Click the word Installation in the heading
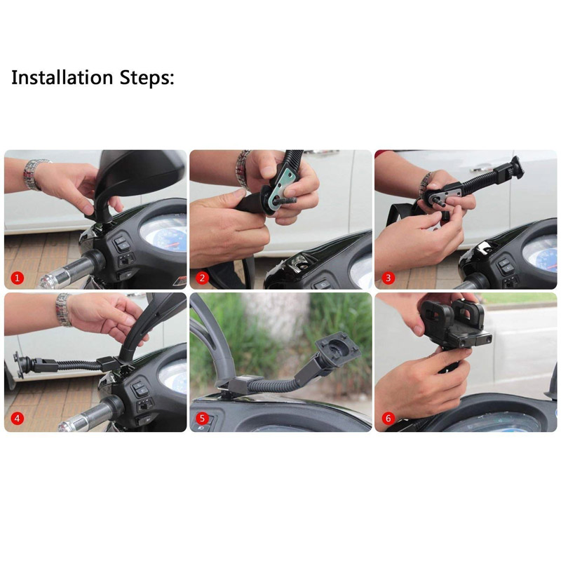pos(62,78)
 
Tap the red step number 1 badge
pos(17,278)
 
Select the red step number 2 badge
pos(202,278)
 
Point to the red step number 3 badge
pos(388,278)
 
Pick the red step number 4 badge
pos(17,418)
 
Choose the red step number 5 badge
pos(202,418)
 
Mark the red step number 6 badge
pos(388,418)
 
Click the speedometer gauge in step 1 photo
pos(164,233)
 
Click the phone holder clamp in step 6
pos(454,323)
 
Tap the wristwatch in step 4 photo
pos(64,309)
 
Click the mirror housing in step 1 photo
pos(140,173)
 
